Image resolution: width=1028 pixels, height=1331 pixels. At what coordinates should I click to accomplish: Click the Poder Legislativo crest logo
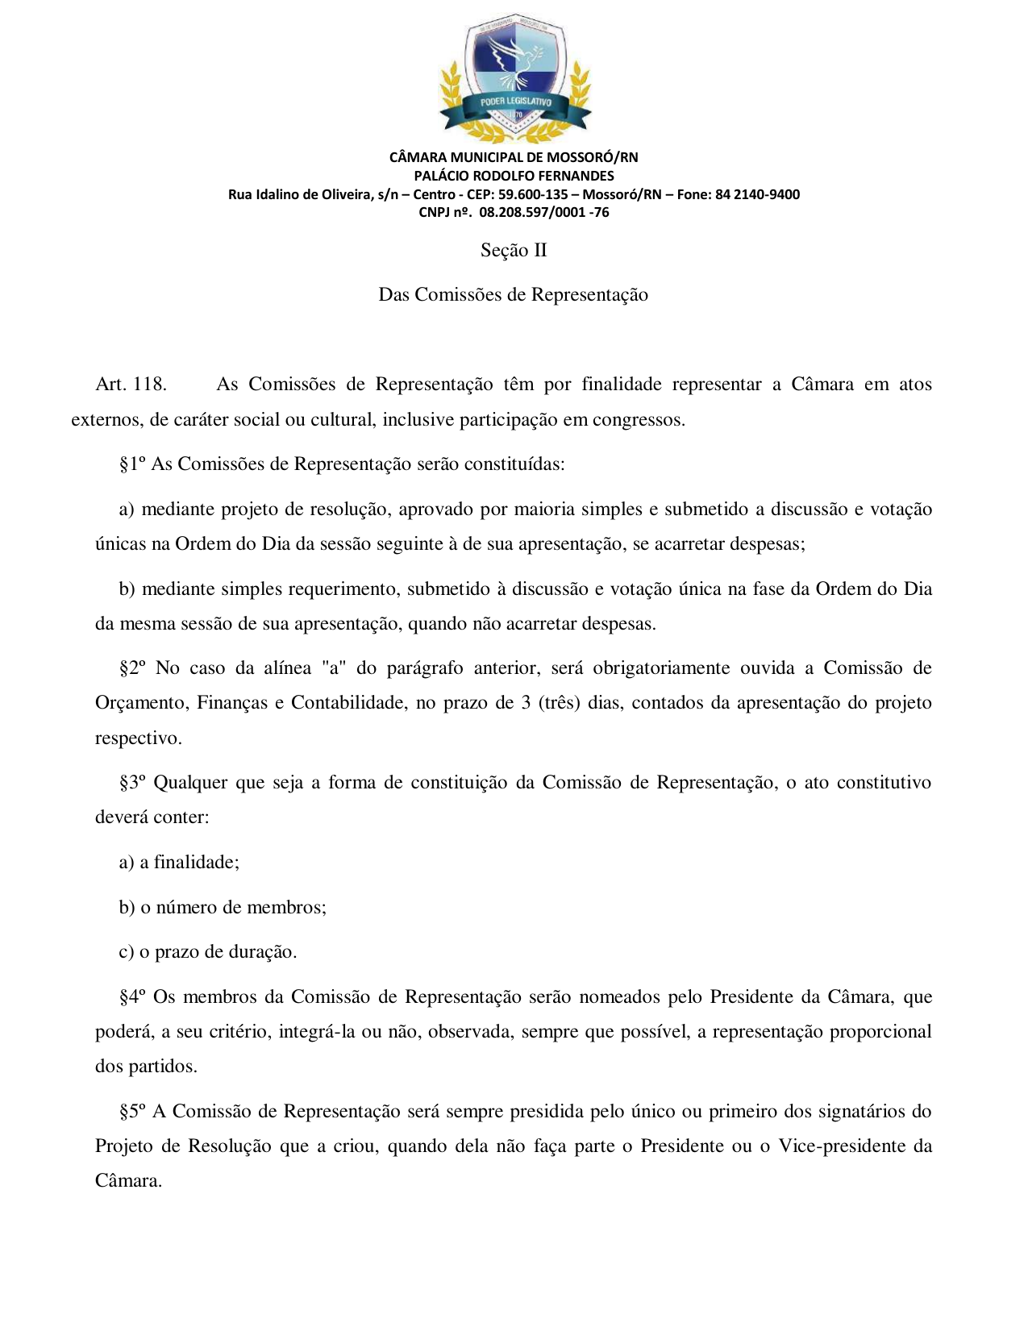pyautogui.click(x=514, y=78)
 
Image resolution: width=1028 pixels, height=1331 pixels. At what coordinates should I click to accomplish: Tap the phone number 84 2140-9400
pyautogui.click(x=757, y=194)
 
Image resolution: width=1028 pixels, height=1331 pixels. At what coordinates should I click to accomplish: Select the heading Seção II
pyautogui.click(x=514, y=251)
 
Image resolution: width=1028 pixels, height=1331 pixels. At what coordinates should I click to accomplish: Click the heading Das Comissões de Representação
pyautogui.click(x=514, y=295)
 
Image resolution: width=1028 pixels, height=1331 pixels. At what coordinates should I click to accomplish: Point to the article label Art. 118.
pyautogui.click(x=131, y=385)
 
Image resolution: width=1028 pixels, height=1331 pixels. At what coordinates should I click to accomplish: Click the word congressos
pyautogui.click(x=639, y=420)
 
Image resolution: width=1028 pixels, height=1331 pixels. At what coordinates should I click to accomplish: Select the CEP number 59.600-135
pyautogui.click(x=533, y=194)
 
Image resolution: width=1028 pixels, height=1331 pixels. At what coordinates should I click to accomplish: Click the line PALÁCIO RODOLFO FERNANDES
pyautogui.click(x=514, y=176)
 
